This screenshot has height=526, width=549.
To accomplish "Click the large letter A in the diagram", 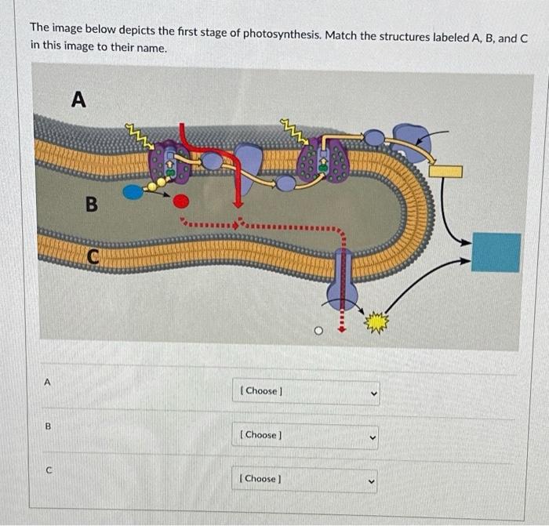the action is coord(78,99).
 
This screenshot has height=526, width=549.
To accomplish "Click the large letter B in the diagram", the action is coord(92,204).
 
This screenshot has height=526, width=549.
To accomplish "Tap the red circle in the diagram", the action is coord(180,201).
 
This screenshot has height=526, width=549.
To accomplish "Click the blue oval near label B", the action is coord(133,192).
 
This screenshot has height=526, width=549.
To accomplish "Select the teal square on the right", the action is coord(496,252).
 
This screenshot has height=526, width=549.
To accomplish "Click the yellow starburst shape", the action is coord(376,321).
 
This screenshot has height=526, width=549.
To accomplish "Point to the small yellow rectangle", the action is coord(445,172).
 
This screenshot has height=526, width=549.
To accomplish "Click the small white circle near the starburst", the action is coord(318,331).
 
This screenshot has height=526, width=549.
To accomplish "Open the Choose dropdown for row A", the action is coord(306,392).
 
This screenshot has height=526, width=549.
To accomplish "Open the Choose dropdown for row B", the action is coord(305,437).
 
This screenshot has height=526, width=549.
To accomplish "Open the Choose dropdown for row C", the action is coord(304,480).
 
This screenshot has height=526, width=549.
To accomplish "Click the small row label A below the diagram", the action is coord(47,383).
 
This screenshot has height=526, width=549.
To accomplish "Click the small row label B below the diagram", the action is coord(49,426).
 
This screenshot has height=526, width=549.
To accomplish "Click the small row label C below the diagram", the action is coord(49,470).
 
